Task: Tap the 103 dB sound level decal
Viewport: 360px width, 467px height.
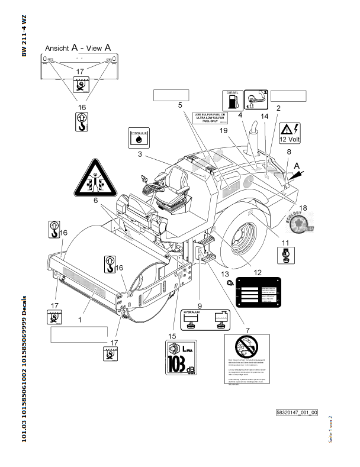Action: click(x=181, y=358)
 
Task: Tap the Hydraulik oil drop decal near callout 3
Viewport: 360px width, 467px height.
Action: click(x=139, y=138)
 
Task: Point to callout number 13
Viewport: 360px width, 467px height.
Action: click(x=224, y=274)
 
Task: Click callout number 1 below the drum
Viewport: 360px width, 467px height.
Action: click(x=79, y=319)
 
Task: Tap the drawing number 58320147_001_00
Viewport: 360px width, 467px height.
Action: click(x=297, y=413)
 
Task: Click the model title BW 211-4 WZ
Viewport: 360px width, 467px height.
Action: click(x=24, y=35)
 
